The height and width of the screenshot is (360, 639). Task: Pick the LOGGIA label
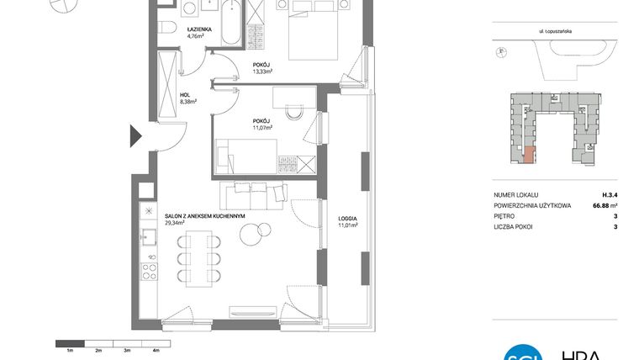point(347,217)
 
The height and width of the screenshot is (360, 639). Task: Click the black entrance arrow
point(135,134)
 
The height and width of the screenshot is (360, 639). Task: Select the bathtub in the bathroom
point(226,21)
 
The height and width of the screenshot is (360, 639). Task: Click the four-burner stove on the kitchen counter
point(149,272)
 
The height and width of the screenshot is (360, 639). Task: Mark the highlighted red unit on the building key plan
point(528,154)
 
